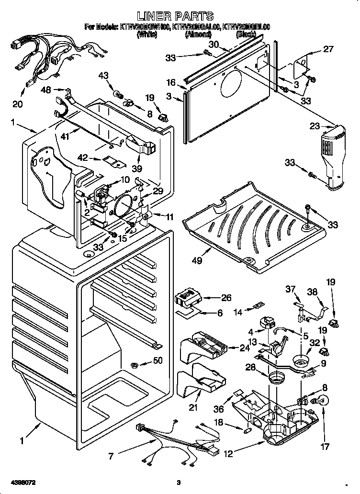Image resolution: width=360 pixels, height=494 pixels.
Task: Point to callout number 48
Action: pos(46,90)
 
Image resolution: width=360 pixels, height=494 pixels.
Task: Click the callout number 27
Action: pos(328,49)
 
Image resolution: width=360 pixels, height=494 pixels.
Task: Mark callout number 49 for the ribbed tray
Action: pos(196,261)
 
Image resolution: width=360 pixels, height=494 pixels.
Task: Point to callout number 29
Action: pos(157,191)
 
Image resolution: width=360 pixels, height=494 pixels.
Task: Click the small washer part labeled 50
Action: pos(135,366)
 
